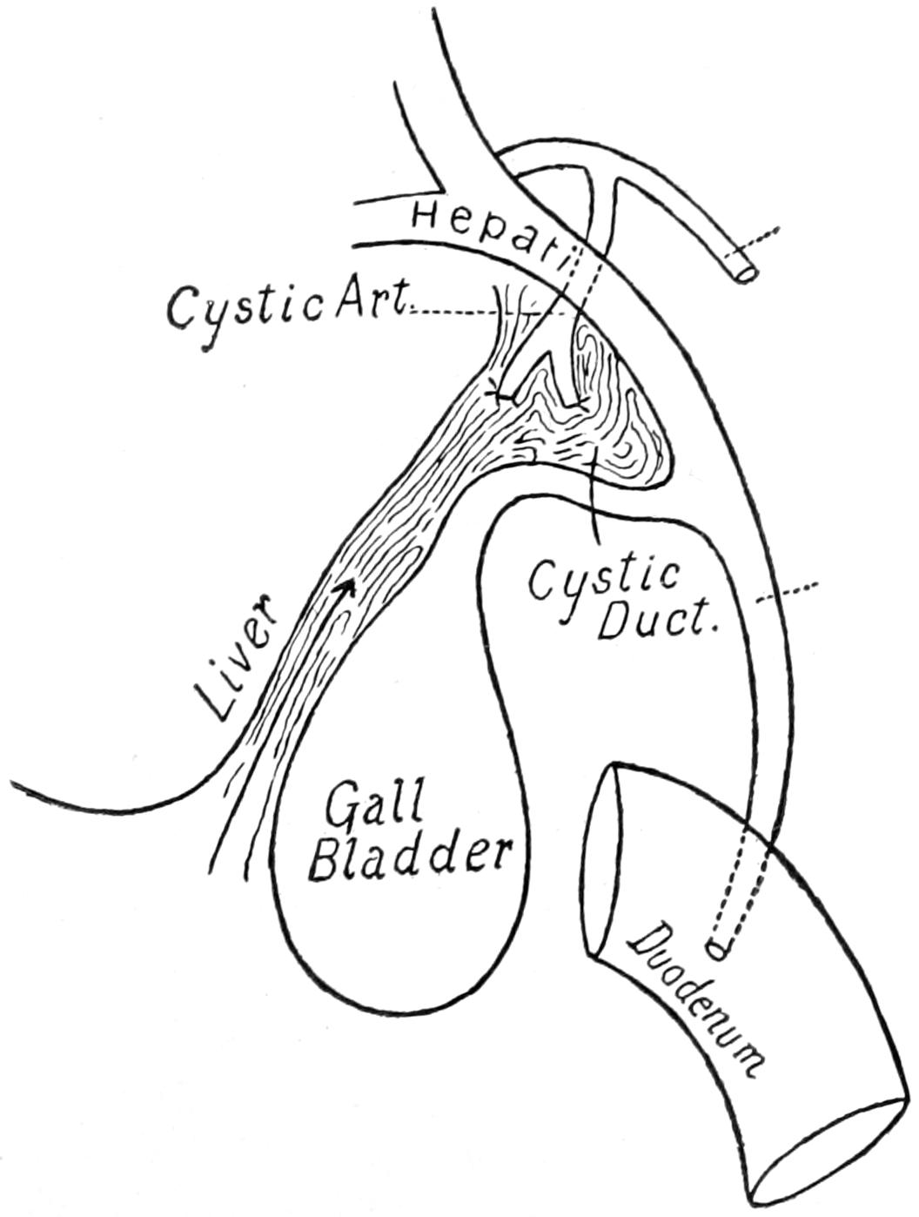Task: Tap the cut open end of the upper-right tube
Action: (x=741, y=271)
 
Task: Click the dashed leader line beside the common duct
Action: (x=788, y=593)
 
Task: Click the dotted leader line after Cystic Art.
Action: (x=487, y=312)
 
